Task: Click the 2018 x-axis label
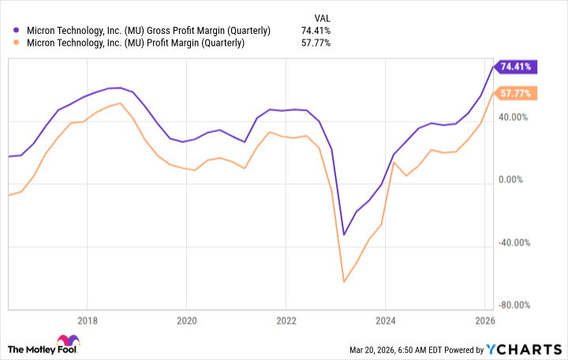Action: [88, 321]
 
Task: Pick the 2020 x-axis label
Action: [186, 321]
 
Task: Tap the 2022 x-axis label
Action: [286, 321]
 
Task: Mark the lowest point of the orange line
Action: [344, 281]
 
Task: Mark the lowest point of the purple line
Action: [344, 234]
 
